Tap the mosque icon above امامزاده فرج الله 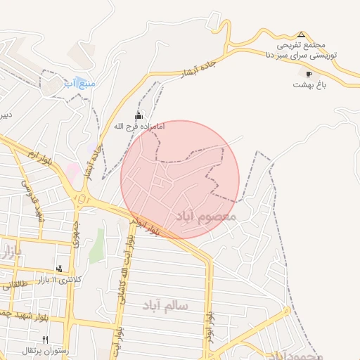point(139,116)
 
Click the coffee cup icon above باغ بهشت point(309,74)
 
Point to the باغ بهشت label point(309,84)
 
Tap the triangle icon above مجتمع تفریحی point(302,34)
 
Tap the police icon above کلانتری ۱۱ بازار point(59,268)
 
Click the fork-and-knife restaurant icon point(45,340)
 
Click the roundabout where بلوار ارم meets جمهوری point(83,200)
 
